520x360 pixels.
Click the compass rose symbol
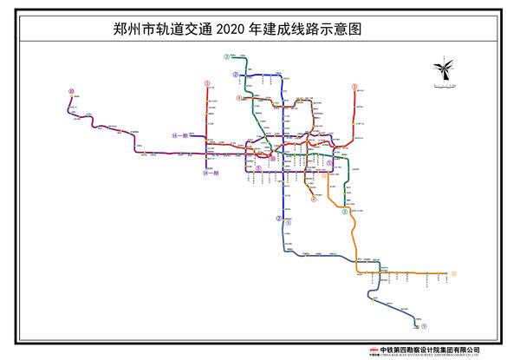[442, 69]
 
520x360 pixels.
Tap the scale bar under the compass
[442, 86]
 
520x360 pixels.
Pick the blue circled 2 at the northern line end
[235, 75]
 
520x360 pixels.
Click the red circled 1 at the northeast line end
[354, 87]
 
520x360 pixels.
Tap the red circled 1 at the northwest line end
[207, 84]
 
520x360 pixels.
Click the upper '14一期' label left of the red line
[180, 136]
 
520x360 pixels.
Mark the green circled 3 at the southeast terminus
[344, 211]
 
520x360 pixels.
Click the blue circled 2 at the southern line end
[279, 219]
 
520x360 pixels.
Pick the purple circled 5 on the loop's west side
[258, 168]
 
